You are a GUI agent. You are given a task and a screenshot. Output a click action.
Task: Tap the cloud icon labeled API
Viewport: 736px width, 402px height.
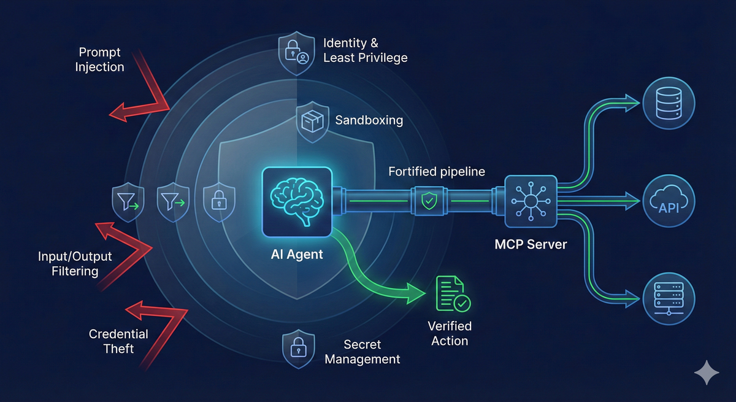[670, 200]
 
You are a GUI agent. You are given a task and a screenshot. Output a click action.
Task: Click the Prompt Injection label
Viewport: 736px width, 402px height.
[99, 60]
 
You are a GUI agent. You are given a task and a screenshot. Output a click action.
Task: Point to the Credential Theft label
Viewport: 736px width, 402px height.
[118, 341]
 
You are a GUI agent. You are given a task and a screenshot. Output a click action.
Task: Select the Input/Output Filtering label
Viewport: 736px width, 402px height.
[75, 263]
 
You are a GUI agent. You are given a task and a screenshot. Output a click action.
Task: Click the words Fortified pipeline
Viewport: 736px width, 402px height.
[436, 172]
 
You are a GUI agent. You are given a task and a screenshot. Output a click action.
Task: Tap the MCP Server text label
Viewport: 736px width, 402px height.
[531, 244]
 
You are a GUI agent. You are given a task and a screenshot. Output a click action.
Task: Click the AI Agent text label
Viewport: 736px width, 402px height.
[297, 255]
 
